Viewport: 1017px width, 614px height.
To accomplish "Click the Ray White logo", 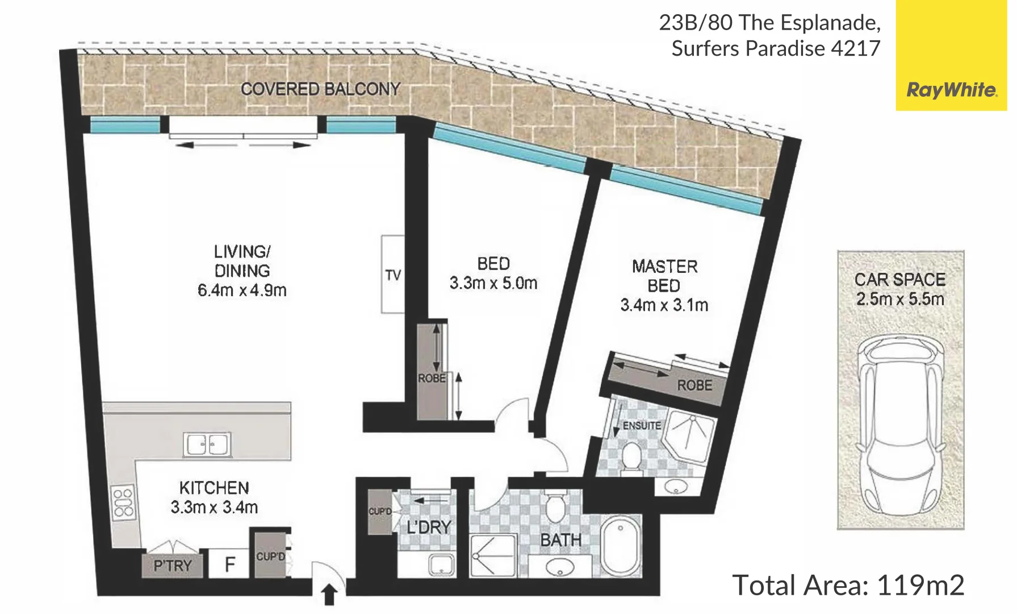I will tap(951, 90).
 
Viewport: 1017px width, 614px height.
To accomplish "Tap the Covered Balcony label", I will tap(320, 89).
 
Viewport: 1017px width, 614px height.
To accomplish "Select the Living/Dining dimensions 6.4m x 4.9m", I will tap(242, 291).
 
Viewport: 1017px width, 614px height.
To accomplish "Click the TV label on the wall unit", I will tap(393, 275).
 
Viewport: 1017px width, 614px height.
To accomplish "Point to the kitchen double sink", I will tap(207, 445).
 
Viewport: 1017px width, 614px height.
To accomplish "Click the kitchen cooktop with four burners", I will tap(123, 503).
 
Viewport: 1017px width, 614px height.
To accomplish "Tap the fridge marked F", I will tap(229, 565).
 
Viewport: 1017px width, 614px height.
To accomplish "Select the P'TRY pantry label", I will tap(173, 566).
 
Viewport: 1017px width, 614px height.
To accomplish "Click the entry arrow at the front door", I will tap(329, 595).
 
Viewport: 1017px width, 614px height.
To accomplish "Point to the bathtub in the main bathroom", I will tap(621, 546).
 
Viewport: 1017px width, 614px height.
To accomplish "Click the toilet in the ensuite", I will tap(631, 457).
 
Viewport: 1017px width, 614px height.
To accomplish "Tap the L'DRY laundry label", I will tap(429, 528).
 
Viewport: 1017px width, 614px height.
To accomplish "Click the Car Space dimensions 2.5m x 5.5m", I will tap(900, 299).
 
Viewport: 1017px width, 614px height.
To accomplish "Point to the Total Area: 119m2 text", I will tap(848, 585).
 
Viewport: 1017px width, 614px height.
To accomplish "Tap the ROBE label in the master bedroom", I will tap(694, 385).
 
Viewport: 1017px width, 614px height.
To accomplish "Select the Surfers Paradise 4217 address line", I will tap(776, 49).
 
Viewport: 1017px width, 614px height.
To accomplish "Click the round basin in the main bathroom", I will tap(559, 567).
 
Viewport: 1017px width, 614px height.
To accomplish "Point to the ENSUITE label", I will tap(642, 426).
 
